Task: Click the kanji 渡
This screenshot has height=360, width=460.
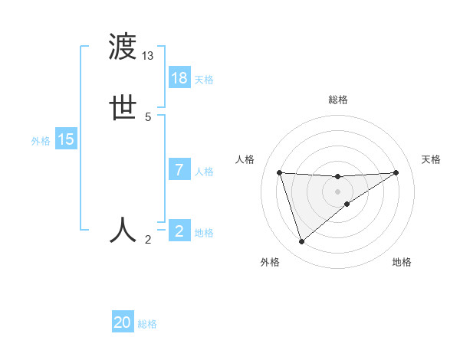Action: pos(123,47)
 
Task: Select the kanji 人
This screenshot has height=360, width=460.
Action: pos(123,229)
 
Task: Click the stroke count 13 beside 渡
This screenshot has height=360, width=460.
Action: pos(148,56)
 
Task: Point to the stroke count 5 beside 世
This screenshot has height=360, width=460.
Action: pos(148,117)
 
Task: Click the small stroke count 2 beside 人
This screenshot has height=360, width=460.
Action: pos(148,240)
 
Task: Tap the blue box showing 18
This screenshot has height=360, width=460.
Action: pos(179,78)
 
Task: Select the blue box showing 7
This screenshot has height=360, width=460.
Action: pos(179,170)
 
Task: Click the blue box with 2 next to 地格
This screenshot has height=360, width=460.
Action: pos(179,231)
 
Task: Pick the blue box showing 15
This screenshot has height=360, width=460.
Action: pos(66,139)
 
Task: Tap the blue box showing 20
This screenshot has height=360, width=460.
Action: pos(123,322)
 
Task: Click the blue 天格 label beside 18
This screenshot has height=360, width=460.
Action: pos(204,80)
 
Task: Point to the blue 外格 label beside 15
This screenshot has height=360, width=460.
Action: pos(41,141)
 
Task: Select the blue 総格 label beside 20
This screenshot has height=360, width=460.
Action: pos(148,324)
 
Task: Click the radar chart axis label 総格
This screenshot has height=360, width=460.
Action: pos(338,100)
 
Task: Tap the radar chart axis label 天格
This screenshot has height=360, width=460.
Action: pos(432,159)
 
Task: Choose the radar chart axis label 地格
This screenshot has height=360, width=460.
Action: pos(402,262)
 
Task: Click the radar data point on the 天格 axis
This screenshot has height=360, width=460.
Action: pos(396,172)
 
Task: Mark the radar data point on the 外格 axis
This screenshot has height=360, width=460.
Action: pos(301,242)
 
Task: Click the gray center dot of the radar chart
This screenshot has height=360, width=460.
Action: pos(338,191)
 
